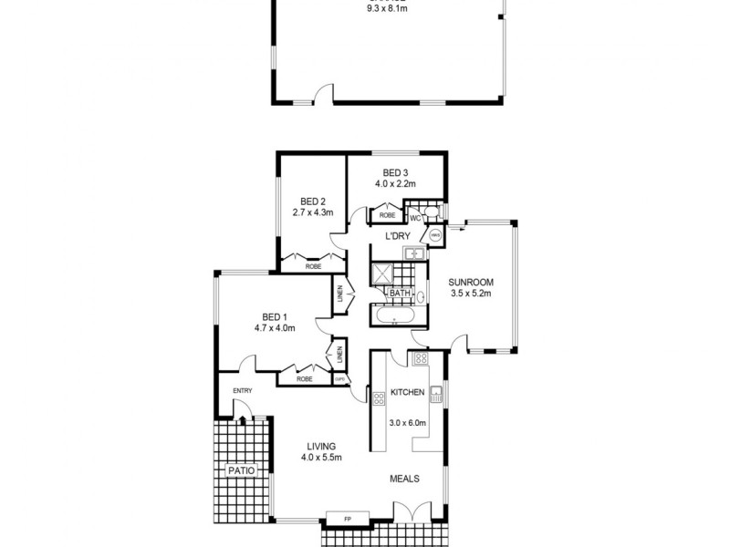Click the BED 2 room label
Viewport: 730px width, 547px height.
pos(313,201)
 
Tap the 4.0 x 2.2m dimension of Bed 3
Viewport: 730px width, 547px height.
pos(394,183)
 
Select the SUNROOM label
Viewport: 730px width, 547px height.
pos(471,283)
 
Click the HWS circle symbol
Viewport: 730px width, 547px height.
pos(435,235)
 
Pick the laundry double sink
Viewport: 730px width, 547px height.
pos(412,253)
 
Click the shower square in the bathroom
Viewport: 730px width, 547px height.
pos(381,273)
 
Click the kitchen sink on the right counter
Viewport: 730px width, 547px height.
pos(437,395)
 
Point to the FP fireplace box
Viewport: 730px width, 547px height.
pos(347,519)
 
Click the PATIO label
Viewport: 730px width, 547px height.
pos(242,470)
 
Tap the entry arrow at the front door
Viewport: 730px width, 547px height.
pos(242,420)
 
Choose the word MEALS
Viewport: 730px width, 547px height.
pos(405,478)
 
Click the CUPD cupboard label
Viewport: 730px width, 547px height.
pos(339,379)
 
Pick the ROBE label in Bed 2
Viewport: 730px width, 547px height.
pos(313,266)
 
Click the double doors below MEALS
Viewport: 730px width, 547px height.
pos(412,513)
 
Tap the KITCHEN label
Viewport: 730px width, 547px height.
pos(407,392)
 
